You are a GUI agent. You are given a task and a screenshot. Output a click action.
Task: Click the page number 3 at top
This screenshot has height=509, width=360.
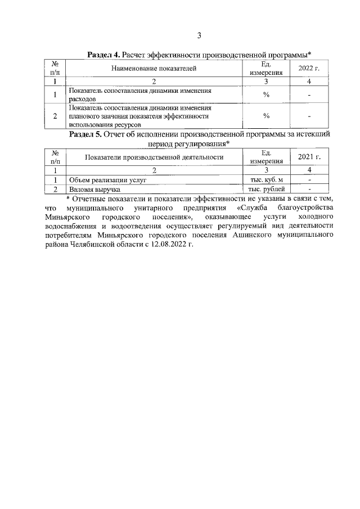[199, 37]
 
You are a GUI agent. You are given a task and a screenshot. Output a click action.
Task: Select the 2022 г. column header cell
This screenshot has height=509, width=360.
[309, 69]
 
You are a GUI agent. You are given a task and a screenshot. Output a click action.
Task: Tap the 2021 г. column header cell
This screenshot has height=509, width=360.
[309, 157]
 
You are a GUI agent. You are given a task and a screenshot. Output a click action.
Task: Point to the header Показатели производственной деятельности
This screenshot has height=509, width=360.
[154, 157]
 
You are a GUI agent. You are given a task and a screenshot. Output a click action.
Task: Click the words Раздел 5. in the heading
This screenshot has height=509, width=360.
[84, 135]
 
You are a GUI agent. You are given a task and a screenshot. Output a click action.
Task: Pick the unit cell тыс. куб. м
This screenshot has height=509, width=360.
[266, 179]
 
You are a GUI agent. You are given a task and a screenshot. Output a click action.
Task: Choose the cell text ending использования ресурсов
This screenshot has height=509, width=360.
[104, 125]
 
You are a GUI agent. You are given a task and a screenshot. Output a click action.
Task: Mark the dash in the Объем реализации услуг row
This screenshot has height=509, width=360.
[309, 179]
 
